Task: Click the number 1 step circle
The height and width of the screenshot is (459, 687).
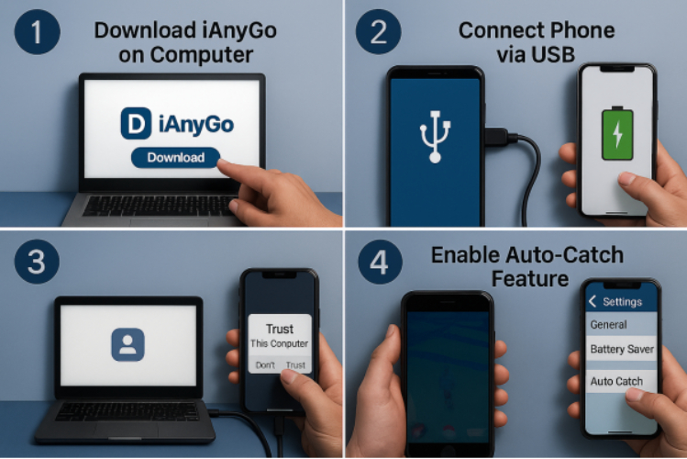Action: click(38, 32)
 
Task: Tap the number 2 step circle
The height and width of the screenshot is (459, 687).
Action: click(379, 32)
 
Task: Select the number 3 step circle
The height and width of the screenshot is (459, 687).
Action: click(37, 262)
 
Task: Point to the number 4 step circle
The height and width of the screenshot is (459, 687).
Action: click(380, 263)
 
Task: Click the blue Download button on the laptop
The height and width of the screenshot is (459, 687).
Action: click(175, 157)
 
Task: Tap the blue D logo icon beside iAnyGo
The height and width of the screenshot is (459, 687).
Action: click(137, 124)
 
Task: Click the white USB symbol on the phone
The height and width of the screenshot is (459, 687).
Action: click(435, 137)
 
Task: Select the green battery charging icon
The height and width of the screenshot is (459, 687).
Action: click(617, 133)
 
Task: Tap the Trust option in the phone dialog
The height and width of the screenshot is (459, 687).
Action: click(295, 365)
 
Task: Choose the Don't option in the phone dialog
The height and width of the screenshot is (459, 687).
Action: click(265, 365)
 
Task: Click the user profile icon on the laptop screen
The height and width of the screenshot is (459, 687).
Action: click(127, 344)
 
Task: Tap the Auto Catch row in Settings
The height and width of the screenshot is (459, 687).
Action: click(621, 381)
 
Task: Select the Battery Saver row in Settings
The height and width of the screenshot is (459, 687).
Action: click(621, 349)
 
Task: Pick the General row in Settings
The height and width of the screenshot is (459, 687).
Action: click(621, 324)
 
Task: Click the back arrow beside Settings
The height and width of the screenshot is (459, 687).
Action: click(593, 301)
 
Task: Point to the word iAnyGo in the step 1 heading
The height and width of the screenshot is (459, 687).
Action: click(238, 30)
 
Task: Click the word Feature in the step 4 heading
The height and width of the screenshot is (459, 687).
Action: click(530, 279)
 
